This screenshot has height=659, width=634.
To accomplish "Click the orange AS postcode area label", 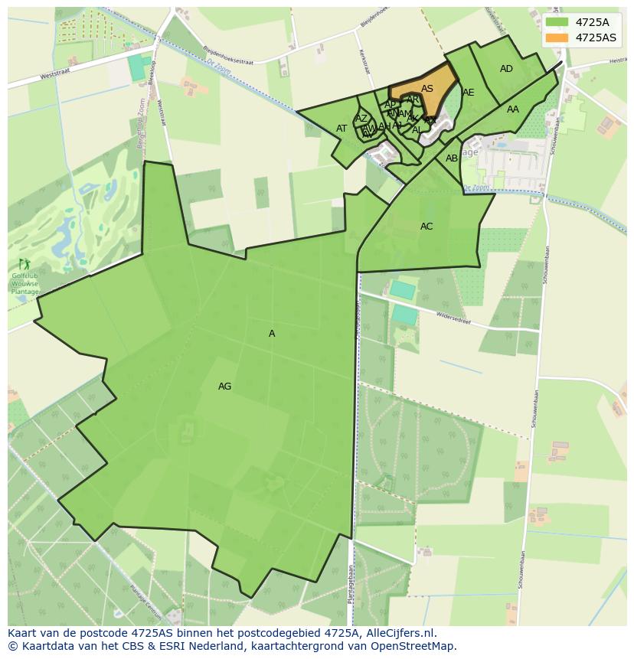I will (427, 89).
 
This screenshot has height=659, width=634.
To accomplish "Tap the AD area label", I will (506, 69).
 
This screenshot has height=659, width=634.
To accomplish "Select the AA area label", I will (513, 109).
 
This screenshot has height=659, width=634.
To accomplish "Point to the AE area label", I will (469, 93).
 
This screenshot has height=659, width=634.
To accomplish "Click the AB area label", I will (452, 158).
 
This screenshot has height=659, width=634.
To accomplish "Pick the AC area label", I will (426, 227).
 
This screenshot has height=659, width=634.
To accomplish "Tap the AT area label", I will (342, 129).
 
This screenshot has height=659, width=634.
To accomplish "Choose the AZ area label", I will (361, 119).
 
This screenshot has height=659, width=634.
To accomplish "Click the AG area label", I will (224, 387).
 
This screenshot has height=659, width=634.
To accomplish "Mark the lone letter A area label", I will (272, 334).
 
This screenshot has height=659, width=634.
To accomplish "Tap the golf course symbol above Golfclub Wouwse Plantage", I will (24, 264).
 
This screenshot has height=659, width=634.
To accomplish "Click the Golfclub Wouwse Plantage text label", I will (25, 284).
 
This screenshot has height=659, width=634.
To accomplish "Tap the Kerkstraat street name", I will (364, 63).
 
